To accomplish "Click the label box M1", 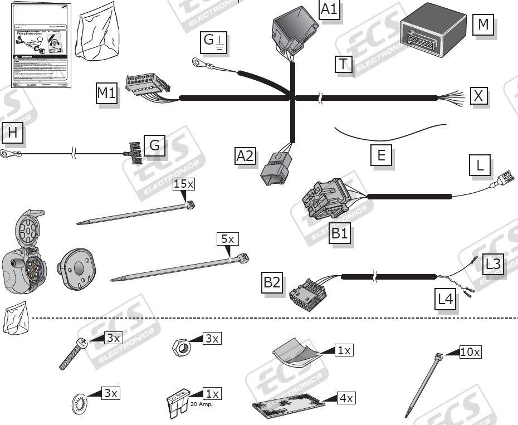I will point(106,93).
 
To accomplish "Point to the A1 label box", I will point(329,9).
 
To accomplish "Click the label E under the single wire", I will point(381,155).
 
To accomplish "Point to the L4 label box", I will point(446,299).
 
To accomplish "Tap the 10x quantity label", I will point(470,351).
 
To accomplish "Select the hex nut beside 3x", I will point(181,348).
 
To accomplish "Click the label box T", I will point(344,65).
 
